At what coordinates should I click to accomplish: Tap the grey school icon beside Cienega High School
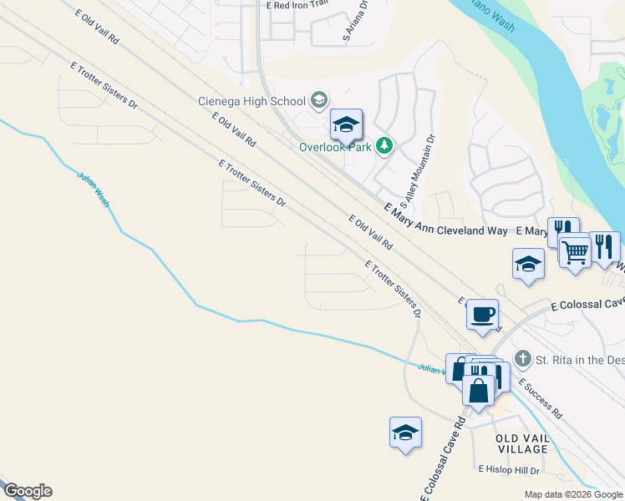pyautogui.click(x=318, y=102)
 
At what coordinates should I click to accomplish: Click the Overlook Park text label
pyautogui.click(x=336, y=147)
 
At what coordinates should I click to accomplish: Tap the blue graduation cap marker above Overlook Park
pyautogui.click(x=346, y=125)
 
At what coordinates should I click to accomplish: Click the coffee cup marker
pyautogui.click(x=482, y=315)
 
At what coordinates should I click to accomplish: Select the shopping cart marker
pyautogui.click(x=574, y=251)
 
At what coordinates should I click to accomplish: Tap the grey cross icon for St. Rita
pyautogui.click(x=523, y=360)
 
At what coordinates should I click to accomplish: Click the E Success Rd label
pyautogui.click(x=540, y=397)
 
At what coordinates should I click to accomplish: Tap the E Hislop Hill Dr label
pyautogui.click(x=511, y=470)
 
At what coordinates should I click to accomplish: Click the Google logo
pyautogui.click(x=28, y=491)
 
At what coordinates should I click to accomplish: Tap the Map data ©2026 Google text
pyautogui.click(x=573, y=494)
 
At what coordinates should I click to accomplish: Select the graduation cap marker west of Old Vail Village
pyautogui.click(x=405, y=433)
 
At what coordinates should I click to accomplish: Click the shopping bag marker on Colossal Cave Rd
pyautogui.click(x=478, y=391)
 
